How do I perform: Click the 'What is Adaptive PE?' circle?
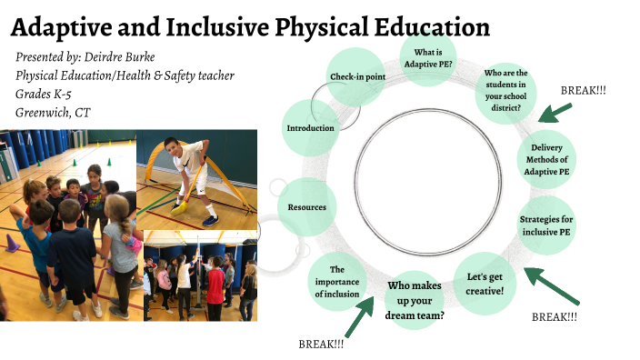coord(427,57)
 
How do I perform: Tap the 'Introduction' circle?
coord(310,128)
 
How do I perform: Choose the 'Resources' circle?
coord(306,207)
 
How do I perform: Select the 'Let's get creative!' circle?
coord(485,282)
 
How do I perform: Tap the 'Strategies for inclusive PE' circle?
coord(545,226)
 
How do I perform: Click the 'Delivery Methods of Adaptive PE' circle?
coord(549,159)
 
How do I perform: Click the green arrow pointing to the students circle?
coord(554,112)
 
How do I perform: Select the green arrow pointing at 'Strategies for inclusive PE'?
coord(551,285)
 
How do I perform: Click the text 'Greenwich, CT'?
coord(55,112)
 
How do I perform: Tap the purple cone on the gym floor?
coord(13,244)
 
